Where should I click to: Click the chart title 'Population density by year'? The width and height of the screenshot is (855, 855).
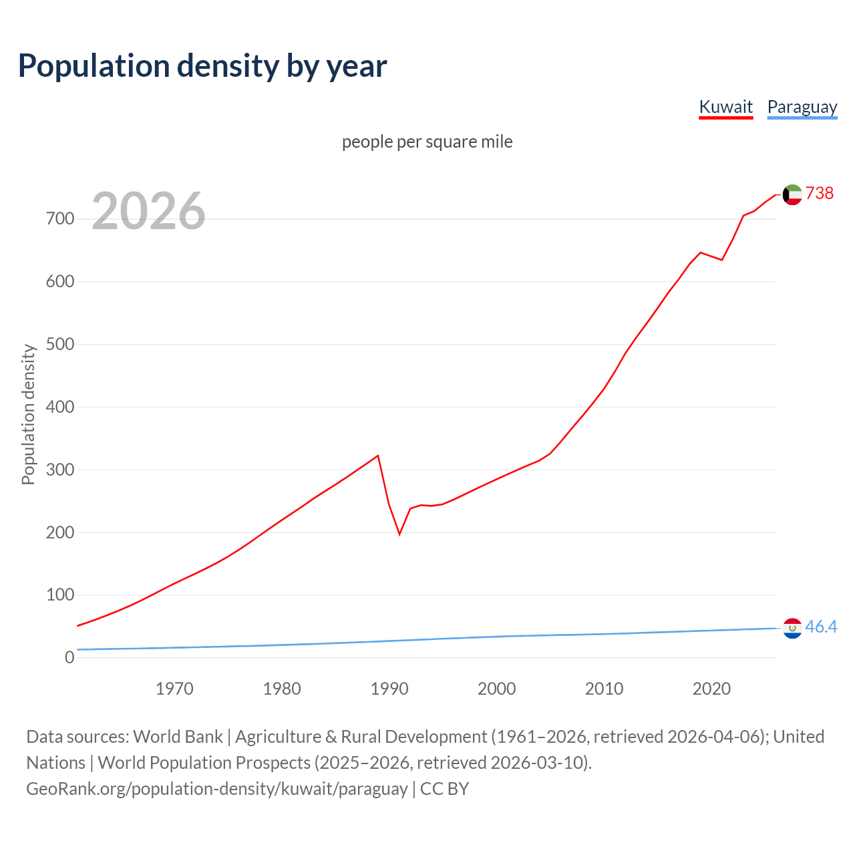(202, 65)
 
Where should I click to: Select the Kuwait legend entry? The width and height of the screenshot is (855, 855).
(725, 107)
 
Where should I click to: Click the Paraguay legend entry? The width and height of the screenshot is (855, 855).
(802, 107)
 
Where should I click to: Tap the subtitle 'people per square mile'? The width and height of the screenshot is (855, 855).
(427, 142)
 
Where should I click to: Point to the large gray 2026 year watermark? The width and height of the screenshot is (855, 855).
(148, 211)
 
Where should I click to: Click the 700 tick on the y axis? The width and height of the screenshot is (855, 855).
(60, 218)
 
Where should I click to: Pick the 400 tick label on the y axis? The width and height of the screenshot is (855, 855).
(60, 407)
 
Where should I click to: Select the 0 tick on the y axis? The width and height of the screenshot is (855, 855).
(69, 657)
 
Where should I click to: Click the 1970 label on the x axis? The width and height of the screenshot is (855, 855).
(174, 688)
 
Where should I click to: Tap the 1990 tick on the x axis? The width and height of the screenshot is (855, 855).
(389, 688)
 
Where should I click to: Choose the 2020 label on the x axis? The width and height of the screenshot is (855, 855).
(711, 688)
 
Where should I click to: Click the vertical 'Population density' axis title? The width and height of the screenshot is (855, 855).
(28, 414)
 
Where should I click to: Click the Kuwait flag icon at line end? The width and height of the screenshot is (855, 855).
(792, 194)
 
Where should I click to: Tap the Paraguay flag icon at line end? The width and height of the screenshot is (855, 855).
(792, 628)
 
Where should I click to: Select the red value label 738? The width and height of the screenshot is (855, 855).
(820, 193)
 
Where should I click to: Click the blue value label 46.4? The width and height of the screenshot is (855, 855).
(821, 627)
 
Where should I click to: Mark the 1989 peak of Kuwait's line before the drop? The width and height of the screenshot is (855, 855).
(378, 456)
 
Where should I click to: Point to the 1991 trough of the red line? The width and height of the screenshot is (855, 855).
(399, 534)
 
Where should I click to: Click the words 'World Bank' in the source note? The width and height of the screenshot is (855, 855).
(178, 736)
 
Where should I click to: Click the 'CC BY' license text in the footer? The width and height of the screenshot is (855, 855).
(444, 788)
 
